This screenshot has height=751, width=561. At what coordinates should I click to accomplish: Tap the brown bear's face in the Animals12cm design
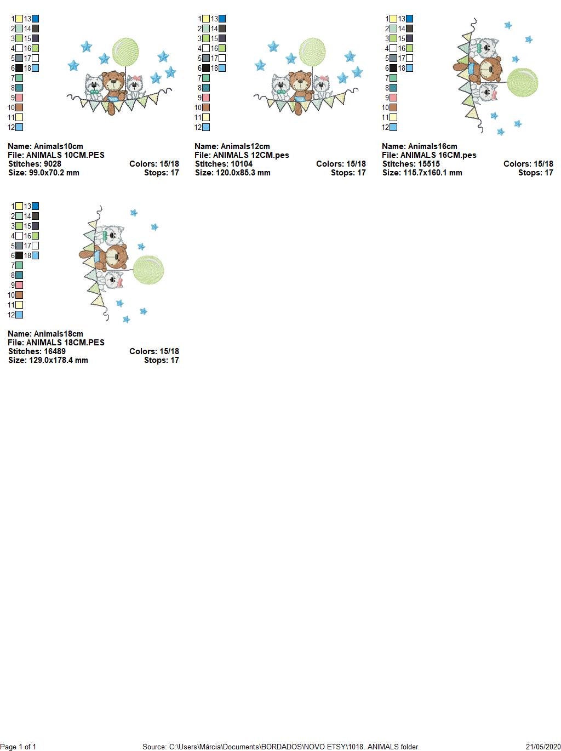click(x=300, y=82)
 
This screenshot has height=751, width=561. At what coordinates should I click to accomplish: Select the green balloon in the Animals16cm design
click(x=522, y=82)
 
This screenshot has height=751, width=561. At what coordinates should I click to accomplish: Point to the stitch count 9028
click(x=52, y=164)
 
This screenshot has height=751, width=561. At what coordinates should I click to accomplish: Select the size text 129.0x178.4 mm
click(x=59, y=360)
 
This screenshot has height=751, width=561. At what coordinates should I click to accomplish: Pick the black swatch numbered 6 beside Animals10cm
click(x=19, y=68)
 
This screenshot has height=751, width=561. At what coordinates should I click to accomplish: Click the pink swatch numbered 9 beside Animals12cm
click(x=206, y=98)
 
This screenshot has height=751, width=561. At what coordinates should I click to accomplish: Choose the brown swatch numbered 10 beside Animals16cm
click(x=393, y=107)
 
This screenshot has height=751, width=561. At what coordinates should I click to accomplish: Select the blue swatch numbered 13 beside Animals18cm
click(x=35, y=206)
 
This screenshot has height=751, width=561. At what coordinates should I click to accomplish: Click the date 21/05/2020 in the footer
click(x=543, y=747)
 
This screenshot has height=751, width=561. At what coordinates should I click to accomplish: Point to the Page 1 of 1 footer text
click(x=19, y=747)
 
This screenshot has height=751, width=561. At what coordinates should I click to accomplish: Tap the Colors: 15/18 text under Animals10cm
click(x=154, y=164)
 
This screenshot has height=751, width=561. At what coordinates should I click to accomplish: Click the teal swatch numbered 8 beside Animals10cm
click(x=19, y=88)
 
